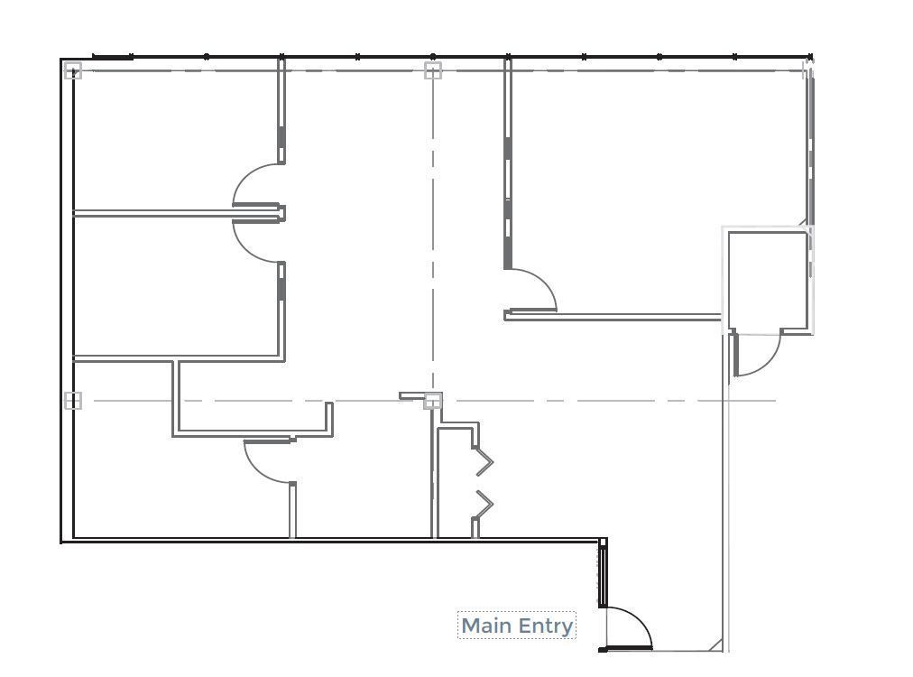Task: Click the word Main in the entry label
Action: pos(486,626)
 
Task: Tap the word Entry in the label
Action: pos(546,626)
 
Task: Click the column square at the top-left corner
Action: pos(73,70)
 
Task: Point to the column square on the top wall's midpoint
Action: pos(433,70)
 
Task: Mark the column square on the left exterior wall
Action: pos(73,400)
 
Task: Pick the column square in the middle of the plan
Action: pos(433,400)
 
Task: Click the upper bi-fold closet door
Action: pos(484,461)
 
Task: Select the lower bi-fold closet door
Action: pos(484,504)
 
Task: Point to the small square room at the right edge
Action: pos(768,281)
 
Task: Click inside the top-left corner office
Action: pos(175,140)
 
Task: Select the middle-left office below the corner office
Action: pos(175,285)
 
